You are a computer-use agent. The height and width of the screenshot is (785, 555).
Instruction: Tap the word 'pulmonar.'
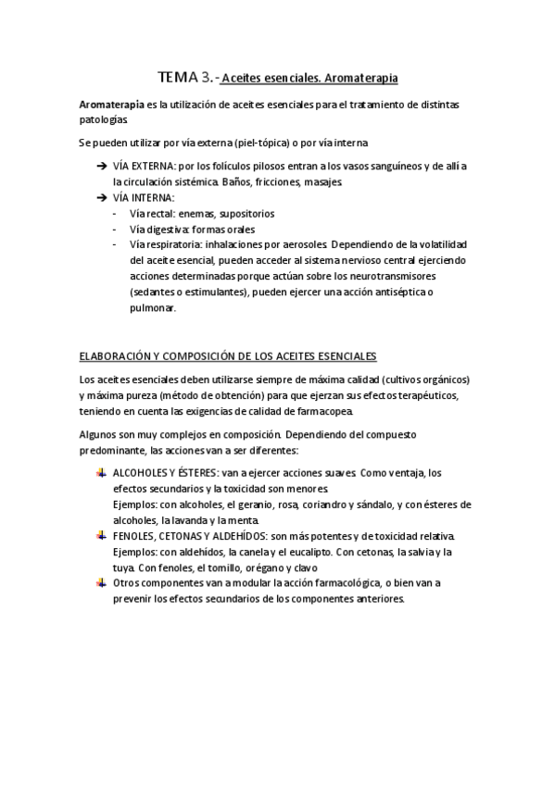[153, 308]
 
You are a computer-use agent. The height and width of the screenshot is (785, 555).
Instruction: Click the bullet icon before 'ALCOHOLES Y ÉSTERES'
[101, 472]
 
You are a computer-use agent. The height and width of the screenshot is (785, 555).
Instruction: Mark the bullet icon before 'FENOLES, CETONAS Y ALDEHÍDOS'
[101, 536]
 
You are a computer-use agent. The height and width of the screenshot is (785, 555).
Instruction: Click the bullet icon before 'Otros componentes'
[101, 582]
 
